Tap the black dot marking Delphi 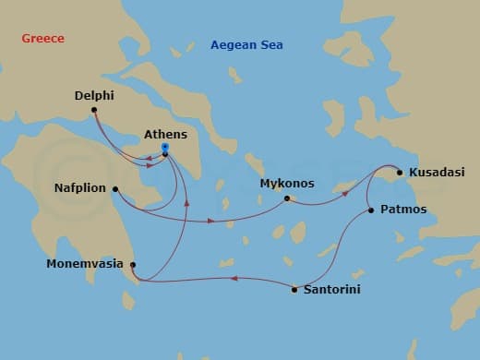[94, 113]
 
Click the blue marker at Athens [164, 147]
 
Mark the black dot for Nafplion [115, 190]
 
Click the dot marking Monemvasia [134, 265]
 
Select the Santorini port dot [294, 290]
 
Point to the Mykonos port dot [287, 198]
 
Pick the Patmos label [403, 210]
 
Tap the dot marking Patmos [371, 210]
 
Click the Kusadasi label [429, 172]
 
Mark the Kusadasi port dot [399, 172]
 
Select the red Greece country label [42, 39]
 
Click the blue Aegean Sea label [246, 44]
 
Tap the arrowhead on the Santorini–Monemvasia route [233, 278]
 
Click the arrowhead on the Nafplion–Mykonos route [211, 222]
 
